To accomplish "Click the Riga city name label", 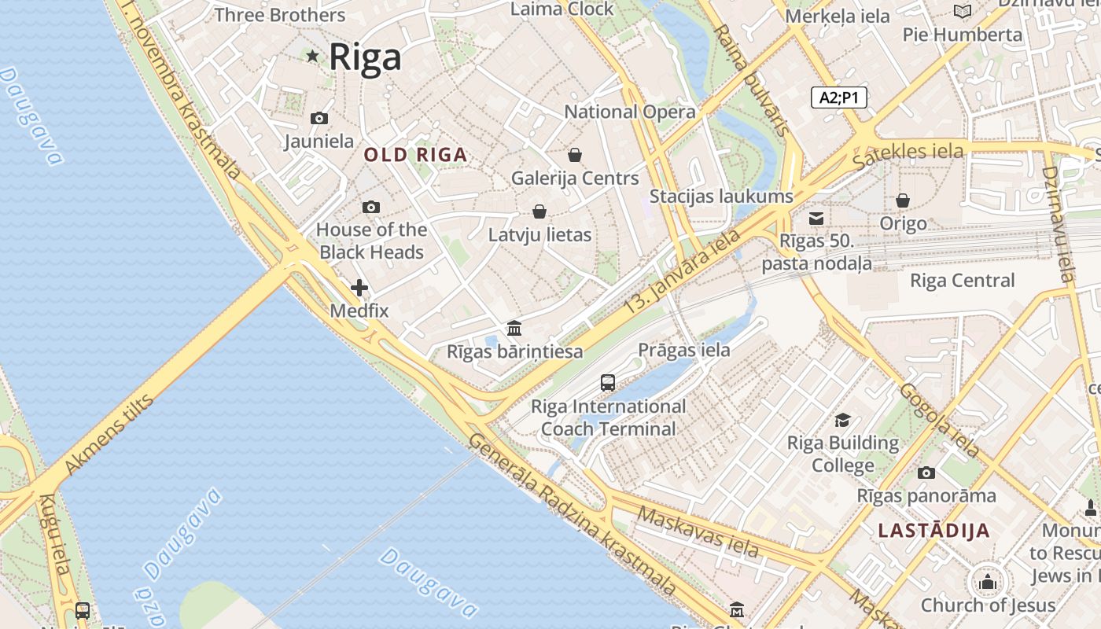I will point(365,57).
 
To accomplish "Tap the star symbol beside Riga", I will point(312,56).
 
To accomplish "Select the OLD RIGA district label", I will point(415,155).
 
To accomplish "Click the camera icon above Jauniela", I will point(319,119).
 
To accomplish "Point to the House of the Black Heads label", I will point(371,241).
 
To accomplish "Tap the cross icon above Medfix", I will point(359,288).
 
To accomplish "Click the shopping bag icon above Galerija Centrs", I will point(575,155).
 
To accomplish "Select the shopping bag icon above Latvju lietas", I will point(539,212).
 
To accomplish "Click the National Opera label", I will point(630,112).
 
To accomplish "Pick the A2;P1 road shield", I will point(838,97).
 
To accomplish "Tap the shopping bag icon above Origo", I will point(903,200).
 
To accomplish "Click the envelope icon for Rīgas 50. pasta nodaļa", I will point(817,218).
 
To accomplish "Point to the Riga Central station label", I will point(962,281).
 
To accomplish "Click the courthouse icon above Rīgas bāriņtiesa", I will point(514,328).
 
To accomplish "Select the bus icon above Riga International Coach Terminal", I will point(608,383).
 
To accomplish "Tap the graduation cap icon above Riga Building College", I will point(843,420).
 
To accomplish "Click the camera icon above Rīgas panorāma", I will point(926,473).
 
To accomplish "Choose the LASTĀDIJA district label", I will point(933,531).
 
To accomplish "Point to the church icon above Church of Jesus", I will point(988,582).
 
